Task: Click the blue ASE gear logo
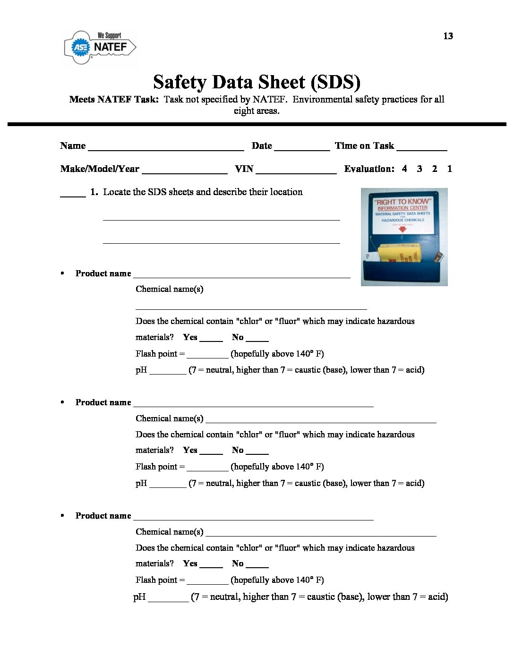(x=80, y=47)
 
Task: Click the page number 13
(x=448, y=36)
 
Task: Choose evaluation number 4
(x=404, y=169)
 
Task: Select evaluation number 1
(x=450, y=169)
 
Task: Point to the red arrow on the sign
(x=403, y=229)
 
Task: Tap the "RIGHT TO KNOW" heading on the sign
(x=403, y=202)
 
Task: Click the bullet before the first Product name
(x=62, y=273)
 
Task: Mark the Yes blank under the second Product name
(x=211, y=452)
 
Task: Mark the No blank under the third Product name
(x=257, y=565)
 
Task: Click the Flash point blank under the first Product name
(x=207, y=356)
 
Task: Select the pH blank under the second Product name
(x=168, y=485)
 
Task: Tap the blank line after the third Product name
(x=253, y=518)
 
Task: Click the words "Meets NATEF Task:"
(x=114, y=99)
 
